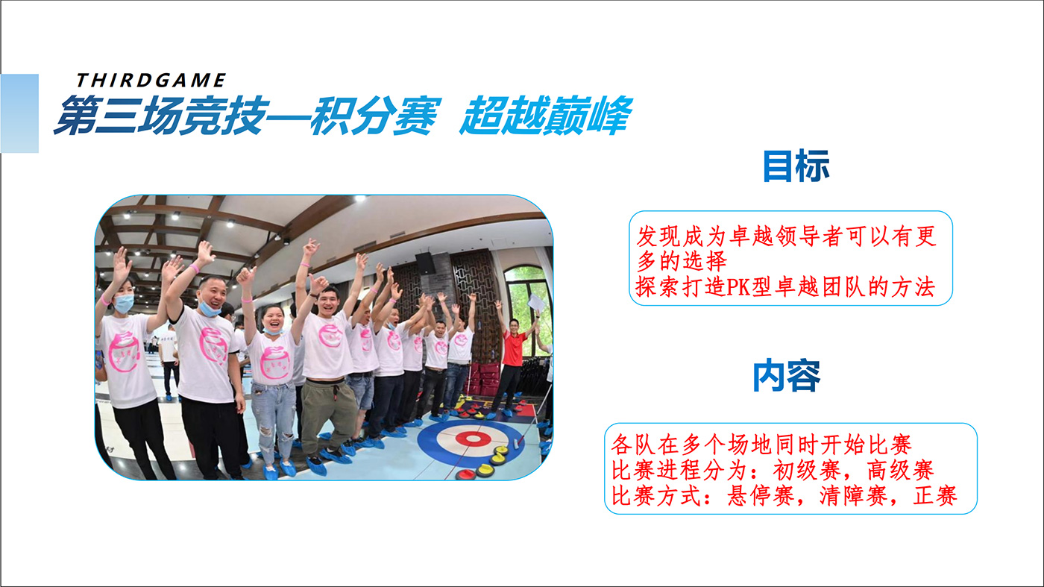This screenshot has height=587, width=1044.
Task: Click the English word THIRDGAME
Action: (151, 81)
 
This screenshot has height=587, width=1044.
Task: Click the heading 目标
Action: (796, 166)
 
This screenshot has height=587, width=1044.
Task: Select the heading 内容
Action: (787, 376)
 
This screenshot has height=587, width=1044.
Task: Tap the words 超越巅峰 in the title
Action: (546, 116)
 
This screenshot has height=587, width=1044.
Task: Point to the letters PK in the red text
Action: (738, 286)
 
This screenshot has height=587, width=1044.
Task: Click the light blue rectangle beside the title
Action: (19, 113)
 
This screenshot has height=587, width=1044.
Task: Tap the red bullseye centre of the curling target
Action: (473, 439)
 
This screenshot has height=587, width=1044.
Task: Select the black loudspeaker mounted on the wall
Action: (425, 263)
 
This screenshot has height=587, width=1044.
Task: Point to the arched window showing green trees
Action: (528, 308)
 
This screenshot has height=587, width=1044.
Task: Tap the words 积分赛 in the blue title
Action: (375, 116)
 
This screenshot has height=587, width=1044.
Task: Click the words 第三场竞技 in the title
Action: (162, 116)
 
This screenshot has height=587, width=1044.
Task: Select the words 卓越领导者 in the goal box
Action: (786, 236)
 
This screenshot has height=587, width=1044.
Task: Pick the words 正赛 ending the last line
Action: (935, 495)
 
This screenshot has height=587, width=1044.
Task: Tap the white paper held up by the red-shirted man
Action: (536, 302)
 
